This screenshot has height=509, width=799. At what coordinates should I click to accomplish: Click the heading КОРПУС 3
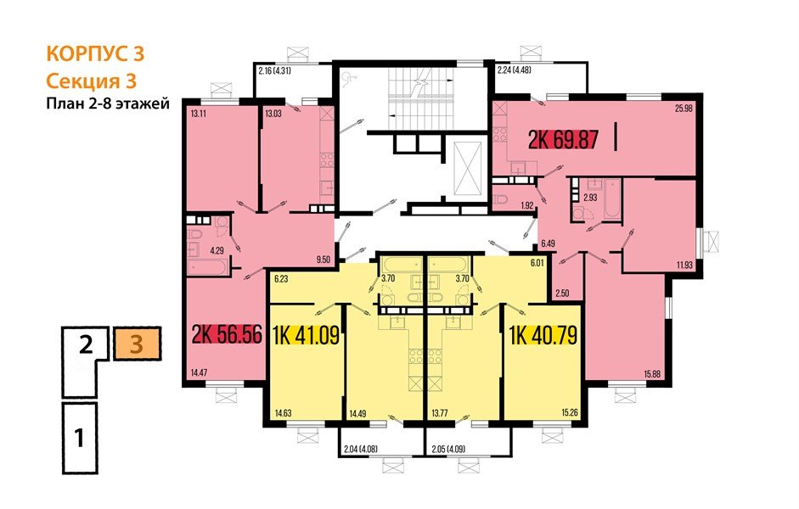tap(94, 54)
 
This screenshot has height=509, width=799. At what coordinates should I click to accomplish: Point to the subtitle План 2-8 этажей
tap(108, 104)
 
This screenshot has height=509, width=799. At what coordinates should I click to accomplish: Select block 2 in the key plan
tap(85, 346)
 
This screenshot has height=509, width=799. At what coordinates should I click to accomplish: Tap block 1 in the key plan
tap(79, 439)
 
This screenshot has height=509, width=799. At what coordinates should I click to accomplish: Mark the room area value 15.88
tap(653, 375)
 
